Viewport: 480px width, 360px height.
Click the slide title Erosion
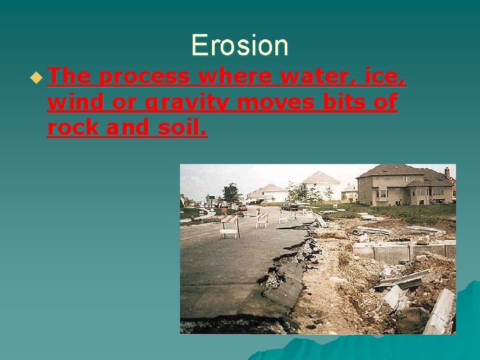[x=239, y=45]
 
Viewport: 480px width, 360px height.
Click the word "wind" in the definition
[x=72, y=103]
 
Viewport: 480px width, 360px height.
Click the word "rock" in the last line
[x=73, y=127]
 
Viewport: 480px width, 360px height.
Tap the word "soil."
[x=183, y=127]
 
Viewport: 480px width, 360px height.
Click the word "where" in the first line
[x=235, y=77]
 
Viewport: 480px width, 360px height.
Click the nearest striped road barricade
[x=229, y=225]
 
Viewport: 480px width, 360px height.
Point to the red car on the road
[x=243, y=207]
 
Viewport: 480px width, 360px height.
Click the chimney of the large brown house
[x=447, y=172]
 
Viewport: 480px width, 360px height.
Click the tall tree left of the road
[x=231, y=194]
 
